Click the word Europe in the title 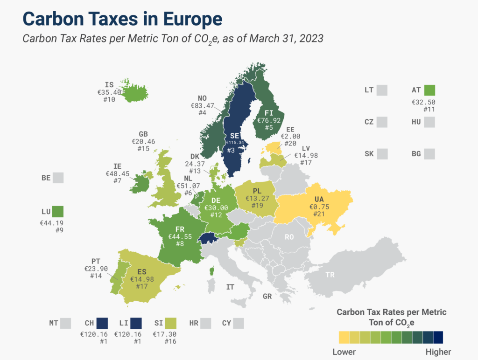coord(193,19)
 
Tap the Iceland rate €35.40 coord(109,92)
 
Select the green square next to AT coord(429,90)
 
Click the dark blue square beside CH coord(102,323)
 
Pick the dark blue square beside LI coord(136,323)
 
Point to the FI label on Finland coord(268,113)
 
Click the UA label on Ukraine coord(319,199)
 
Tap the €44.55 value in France coord(180,236)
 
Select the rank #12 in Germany coord(216,215)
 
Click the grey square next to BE coord(58,178)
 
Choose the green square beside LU coord(58,212)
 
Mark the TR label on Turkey coord(330,275)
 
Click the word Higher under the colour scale coord(438,352)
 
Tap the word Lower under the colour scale coord(344,352)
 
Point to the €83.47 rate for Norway coord(203,106)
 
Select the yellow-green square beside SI coord(171,323)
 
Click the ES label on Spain coord(142,272)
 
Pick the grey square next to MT coord(65,323)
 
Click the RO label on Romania coord(289,237)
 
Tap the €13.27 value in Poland coord(257,198)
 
